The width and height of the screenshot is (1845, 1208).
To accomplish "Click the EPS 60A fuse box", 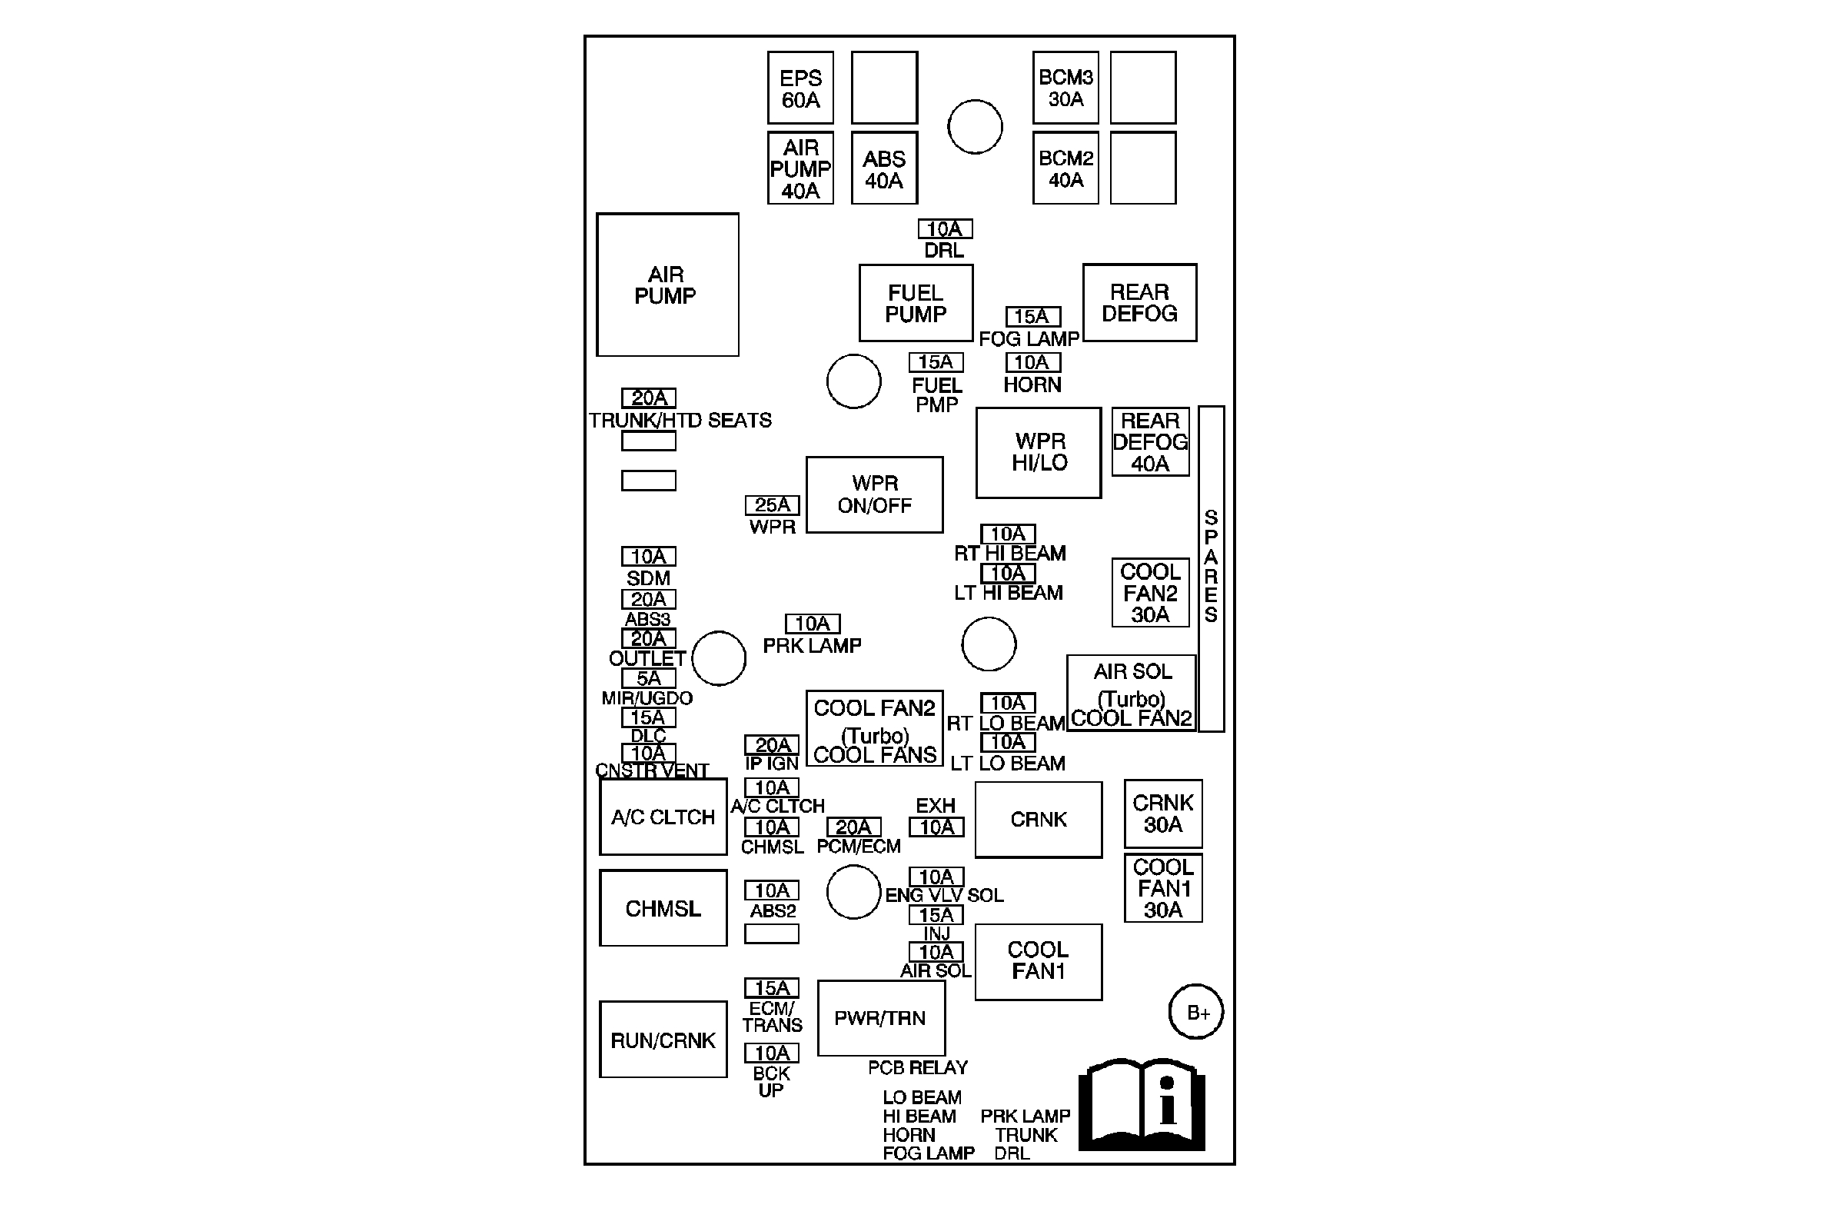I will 800,88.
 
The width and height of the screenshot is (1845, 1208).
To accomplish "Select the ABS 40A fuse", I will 884,168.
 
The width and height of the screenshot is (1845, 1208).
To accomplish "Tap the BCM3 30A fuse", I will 1065,88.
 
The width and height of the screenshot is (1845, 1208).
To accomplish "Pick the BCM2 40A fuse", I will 1065,168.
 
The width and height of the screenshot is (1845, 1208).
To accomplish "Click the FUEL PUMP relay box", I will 916,303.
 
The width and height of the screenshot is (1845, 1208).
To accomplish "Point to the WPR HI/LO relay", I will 1038,452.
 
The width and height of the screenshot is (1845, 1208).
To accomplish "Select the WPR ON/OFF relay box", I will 874,494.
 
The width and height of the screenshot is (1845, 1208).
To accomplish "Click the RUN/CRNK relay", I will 663,1040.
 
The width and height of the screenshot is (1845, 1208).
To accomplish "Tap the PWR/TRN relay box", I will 881,1018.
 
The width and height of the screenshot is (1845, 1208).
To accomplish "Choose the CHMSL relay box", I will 663,908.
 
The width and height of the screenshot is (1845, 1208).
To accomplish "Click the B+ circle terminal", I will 1195,1012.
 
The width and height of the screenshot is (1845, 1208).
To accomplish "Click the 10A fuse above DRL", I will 945,229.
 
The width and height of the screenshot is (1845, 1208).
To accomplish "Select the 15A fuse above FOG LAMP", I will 1032,316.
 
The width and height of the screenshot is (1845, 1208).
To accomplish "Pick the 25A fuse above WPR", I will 772,505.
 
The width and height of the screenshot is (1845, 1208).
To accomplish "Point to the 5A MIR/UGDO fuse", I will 648,678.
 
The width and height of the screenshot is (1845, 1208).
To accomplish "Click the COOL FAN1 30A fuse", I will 1163,889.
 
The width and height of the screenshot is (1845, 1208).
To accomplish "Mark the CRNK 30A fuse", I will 1163,814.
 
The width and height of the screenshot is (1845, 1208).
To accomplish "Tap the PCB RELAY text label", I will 918,1067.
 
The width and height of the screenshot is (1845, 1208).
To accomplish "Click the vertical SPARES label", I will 1211,566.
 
